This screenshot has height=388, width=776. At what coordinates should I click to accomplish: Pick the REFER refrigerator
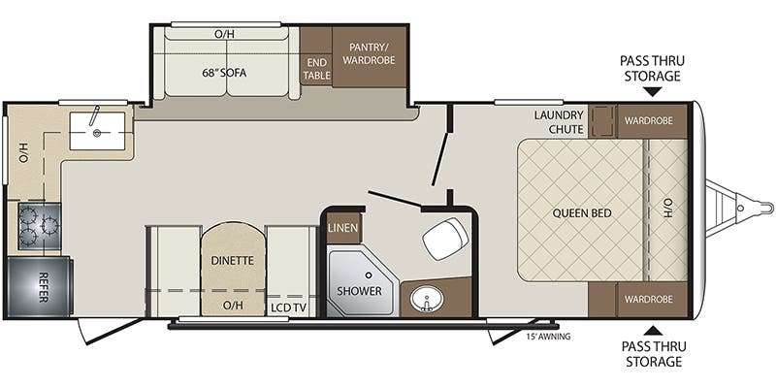click(x=39, y=282)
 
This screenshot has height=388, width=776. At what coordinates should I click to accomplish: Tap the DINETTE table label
click(x=232, y=260)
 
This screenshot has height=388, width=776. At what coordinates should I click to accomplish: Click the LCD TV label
click(x=287, y=307)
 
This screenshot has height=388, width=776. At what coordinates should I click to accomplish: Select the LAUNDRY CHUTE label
click(x=559, y=122)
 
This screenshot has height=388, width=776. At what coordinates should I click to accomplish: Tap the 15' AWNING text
click(x=547, y=337)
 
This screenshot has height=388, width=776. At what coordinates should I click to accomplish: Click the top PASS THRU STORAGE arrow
click(x=650, y=92)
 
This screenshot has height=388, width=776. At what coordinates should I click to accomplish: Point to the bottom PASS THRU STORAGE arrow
click(x=650, y=329)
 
